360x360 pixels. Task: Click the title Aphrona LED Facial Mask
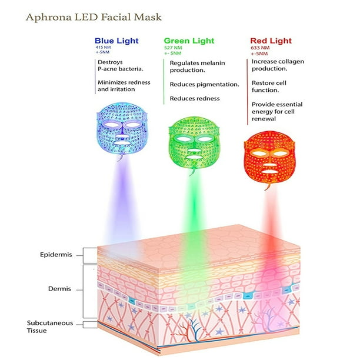(x=94, y=17)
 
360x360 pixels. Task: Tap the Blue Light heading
(x=116, y=41)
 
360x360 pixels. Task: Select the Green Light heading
(x=189, y=41)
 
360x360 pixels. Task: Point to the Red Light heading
(x=271, y=41)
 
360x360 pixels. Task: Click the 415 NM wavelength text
(x=103, y=47)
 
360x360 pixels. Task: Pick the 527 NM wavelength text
(x=173, y=48)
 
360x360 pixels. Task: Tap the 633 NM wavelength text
(x=260, y=48)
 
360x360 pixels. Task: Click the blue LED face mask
(x=122, y=130)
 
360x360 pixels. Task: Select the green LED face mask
(x=194, y=144)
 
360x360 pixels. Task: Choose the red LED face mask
(x=269, y=158)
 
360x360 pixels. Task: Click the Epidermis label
(x=56, y=255)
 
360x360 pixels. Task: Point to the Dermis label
(x=59, y=289)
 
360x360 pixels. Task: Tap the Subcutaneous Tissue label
(x=50, y=326)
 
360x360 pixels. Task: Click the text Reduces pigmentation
(x=204, y=85)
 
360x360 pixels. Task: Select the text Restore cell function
(x=269, y=86)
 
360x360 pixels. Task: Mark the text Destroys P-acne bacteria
(x=121, y=65)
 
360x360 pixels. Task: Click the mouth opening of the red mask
(x=270, y=172)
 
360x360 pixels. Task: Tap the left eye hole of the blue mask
(x=111, y=125)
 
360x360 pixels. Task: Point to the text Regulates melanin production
(x=197, y=66)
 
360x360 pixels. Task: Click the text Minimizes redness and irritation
(x=124, y=86)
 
